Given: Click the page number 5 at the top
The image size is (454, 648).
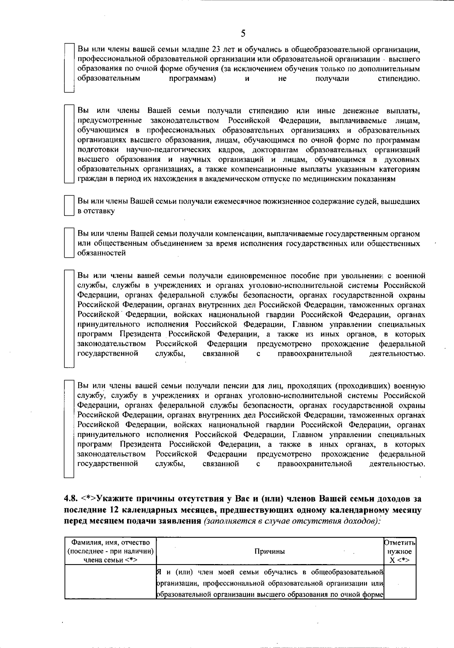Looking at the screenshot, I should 243,34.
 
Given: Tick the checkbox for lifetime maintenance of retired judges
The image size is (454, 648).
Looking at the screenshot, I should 68,206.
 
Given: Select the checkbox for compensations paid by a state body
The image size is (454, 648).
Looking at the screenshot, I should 68,243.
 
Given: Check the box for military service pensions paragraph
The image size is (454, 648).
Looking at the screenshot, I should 68,428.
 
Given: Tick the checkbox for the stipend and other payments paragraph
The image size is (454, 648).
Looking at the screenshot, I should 68,144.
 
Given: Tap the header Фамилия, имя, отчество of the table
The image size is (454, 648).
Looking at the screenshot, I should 110,543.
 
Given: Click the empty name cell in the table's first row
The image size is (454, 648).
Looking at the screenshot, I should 110,582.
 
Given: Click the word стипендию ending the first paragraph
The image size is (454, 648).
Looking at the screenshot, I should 399,79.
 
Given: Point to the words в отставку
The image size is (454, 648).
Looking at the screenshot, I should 96,211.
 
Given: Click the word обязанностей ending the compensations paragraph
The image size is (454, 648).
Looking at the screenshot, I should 101,253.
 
